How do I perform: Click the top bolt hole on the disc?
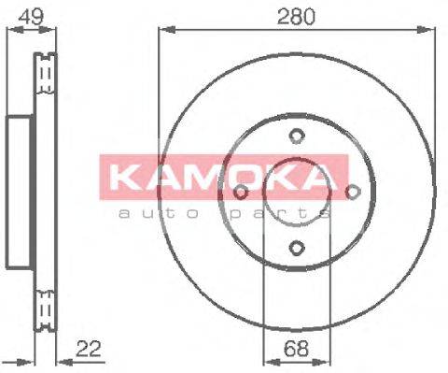click(x=296, y=136)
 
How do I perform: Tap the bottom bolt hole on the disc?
click(x=296, y=248)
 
